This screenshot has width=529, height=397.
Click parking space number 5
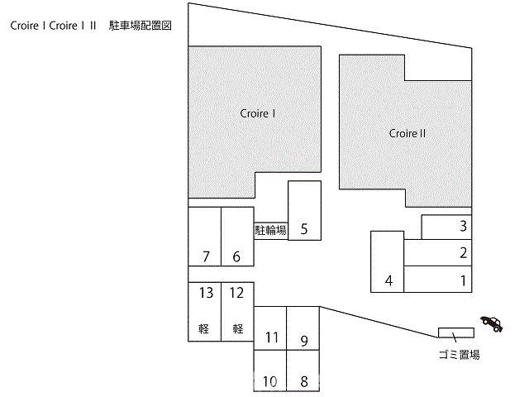[304, 210]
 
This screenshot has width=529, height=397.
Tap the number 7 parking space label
[206, 256]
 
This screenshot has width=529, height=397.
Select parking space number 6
[237, 237]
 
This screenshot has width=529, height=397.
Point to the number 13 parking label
[206, 293]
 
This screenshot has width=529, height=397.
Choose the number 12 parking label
[236, 293]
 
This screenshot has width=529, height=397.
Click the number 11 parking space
[270, 328]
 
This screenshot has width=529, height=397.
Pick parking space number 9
[303, 328]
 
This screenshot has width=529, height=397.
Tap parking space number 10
[270, 371]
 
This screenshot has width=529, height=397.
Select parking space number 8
[303, 371]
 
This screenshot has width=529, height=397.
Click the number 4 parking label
[389, 280]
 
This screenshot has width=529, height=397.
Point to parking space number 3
[446, 227]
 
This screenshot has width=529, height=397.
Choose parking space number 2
[437, 252]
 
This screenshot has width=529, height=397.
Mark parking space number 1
[437, 279]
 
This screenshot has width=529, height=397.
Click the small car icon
[492, 323]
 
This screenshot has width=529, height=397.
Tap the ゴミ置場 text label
[460, 355]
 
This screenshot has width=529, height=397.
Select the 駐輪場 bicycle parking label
[271, 230]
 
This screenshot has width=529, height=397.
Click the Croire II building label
[407, 134]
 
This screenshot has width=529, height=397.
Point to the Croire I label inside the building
[258, 113]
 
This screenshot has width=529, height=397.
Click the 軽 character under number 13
[204, 328]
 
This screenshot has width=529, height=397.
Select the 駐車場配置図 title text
[141, 26]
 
